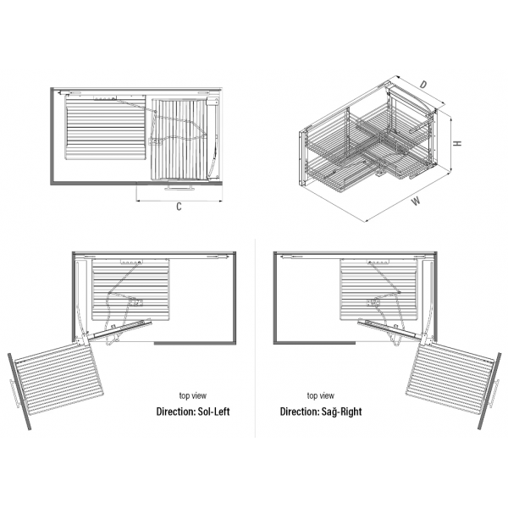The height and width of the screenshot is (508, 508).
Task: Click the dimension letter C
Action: (x=179, y=207)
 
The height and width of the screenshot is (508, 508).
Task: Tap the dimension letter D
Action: (x=423, y=85)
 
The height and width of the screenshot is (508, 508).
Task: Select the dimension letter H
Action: (x=457, y=143)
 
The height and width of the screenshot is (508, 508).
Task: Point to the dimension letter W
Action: (x=416, y=202)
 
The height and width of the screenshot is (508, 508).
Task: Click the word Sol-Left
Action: (x=213, y=411)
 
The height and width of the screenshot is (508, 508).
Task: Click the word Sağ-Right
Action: (x=341, y=411)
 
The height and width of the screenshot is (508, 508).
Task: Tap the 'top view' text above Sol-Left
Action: (x=193, y=395)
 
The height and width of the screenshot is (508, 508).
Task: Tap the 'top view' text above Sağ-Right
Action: (x=320, y=395)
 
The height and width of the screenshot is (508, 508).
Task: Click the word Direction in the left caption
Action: (x=175, y=411)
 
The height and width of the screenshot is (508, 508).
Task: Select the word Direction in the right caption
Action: (x=300, y=411)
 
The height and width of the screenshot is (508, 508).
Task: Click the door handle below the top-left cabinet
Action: (x=179, y=187)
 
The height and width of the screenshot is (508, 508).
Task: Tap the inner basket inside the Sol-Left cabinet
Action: (x=130, y=290)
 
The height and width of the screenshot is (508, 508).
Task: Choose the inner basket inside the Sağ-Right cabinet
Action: (x=378, y=290)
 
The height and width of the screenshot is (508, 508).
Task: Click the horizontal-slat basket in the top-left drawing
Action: (x=106, y=128)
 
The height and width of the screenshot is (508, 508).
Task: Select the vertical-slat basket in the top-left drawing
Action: (x=179, y=140)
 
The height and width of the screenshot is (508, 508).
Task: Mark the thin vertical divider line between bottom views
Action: (x=256, y=339)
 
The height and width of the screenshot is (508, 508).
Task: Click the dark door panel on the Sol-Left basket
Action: (x=19, y=391)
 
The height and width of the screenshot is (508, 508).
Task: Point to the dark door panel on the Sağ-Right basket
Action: (x=489, y=391)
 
